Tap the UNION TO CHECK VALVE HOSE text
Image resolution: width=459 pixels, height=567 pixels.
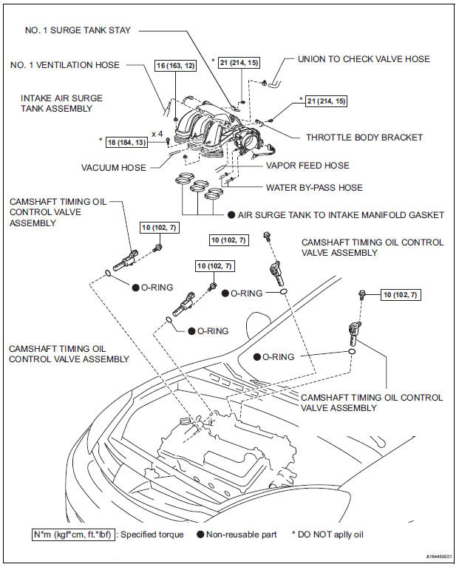coord(364,59)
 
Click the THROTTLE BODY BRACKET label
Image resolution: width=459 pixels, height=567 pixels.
coord(364,137)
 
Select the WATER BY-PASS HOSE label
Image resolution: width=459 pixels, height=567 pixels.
coord(314,187)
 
